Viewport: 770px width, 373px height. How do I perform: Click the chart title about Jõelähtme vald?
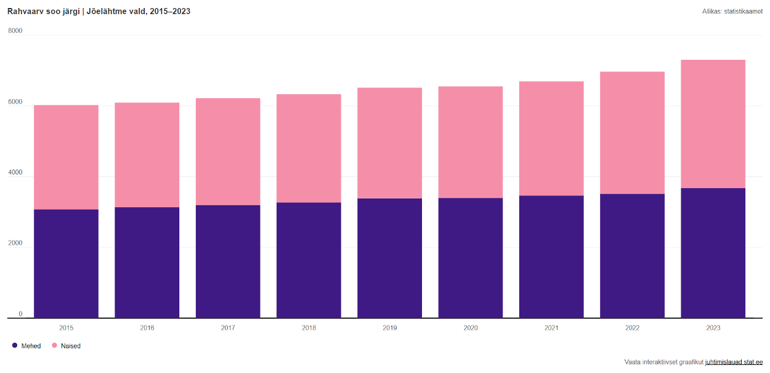(99, 11)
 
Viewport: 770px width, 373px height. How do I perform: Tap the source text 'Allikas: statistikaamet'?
(732, 11)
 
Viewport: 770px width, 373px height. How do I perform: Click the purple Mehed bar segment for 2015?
(66, 264)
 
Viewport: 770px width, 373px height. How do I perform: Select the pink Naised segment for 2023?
(713, 124)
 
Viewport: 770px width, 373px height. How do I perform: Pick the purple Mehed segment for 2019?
(389, 258)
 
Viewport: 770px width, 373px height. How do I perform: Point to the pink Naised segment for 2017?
(228, 152)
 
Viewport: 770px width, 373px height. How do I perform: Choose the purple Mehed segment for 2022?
(632, 256)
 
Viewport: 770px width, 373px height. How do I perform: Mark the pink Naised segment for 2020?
(470, 142)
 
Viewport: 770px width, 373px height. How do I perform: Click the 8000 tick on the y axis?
(15, 31)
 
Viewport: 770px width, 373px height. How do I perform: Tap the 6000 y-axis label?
(15, 102)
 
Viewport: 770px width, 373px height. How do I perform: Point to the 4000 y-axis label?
(15, 173)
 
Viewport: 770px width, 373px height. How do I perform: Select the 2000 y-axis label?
(15, 243)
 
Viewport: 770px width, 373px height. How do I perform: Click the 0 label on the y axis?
(20, 314)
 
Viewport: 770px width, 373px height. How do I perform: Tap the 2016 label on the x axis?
(147, 328)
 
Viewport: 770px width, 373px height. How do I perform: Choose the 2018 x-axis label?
(309, 328)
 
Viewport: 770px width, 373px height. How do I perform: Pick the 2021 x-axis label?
(551, 328)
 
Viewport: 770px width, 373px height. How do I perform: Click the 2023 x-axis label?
(713, 328)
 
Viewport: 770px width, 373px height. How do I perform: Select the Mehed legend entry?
(26, 346)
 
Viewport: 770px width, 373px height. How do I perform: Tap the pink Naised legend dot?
(54, 345)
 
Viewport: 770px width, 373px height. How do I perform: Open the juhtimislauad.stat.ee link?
(734, 362)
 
